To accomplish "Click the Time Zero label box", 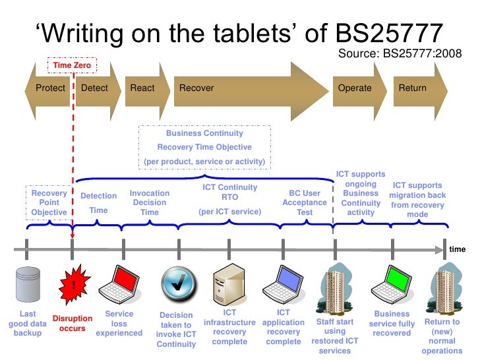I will tap(72, 65).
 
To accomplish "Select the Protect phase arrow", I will tap(50, 88).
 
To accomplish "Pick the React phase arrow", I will tap(143, 88).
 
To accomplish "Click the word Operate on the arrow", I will tap(355, 88).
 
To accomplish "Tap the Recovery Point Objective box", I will tap(49, 203).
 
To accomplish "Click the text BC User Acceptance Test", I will tap(305, 203).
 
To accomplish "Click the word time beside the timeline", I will tap(457, 250).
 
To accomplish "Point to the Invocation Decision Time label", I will tap(150, 203).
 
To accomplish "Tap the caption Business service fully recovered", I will tap(392, 323).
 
